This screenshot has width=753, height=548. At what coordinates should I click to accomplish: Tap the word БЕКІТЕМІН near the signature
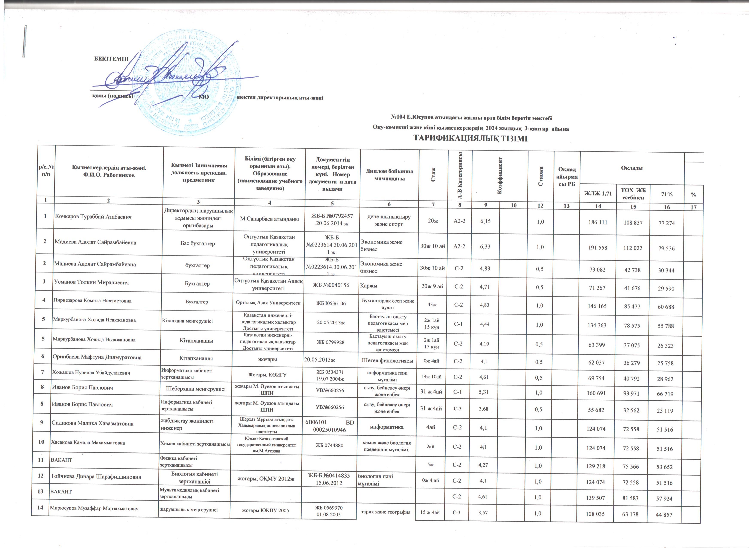coord(111,59)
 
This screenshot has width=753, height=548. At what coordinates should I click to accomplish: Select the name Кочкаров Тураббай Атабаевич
coord(93,217)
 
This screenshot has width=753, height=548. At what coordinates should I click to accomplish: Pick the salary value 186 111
coord(597,222)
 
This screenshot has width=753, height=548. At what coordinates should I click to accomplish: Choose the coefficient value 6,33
coord(485,246)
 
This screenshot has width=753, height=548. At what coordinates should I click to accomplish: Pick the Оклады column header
coord(632,168)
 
